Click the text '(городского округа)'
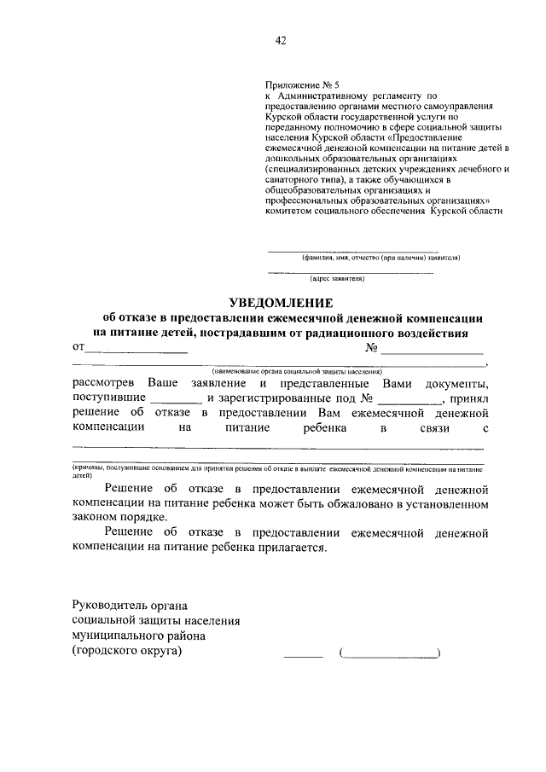(x=127, y=651)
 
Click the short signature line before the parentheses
(x=303, y=656)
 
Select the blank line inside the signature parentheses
(x=391, y=656)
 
